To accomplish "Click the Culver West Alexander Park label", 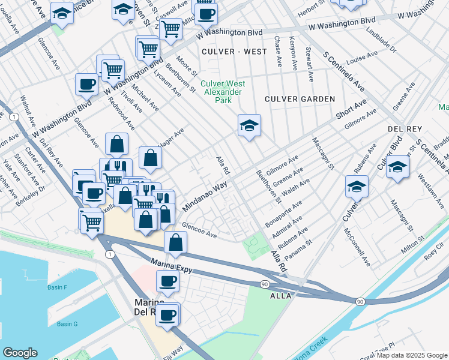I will [x=222, y=92].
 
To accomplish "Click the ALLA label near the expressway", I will [x=281, y=296].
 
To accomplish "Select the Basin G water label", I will [x=67, y=324].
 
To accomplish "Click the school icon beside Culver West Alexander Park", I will [x=249, y=125].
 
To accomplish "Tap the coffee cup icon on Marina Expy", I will [x=167, y=281].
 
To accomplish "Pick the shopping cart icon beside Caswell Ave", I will [x=171, y=28].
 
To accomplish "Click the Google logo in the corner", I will [x=20, y=353].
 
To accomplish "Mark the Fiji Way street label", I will [x=176, y=350].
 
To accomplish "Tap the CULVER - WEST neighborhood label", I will [x=234, y=52].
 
